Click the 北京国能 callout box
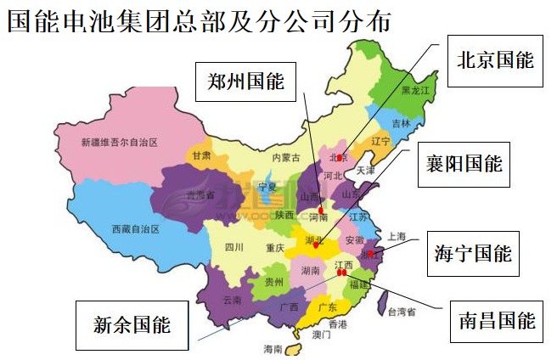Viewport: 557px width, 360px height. point(496,61)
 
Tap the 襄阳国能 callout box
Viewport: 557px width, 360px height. point(464,164)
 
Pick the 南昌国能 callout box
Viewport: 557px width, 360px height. point(496,320)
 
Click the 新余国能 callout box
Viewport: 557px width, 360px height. point(131,324)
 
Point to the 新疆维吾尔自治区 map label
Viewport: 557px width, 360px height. point(120,142)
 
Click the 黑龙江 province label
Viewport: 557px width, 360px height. point(417,89)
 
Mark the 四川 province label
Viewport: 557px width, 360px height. point(233,248)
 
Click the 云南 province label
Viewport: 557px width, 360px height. point(232,300)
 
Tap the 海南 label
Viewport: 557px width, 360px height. point(273,348)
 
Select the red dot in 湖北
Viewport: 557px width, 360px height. point(315,246)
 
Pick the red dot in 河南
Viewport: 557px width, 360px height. point(321,211)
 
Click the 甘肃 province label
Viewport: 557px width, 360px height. point(201,156)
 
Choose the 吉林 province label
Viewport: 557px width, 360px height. point(400,123)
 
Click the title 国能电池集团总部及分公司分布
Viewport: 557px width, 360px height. point(199,20)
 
